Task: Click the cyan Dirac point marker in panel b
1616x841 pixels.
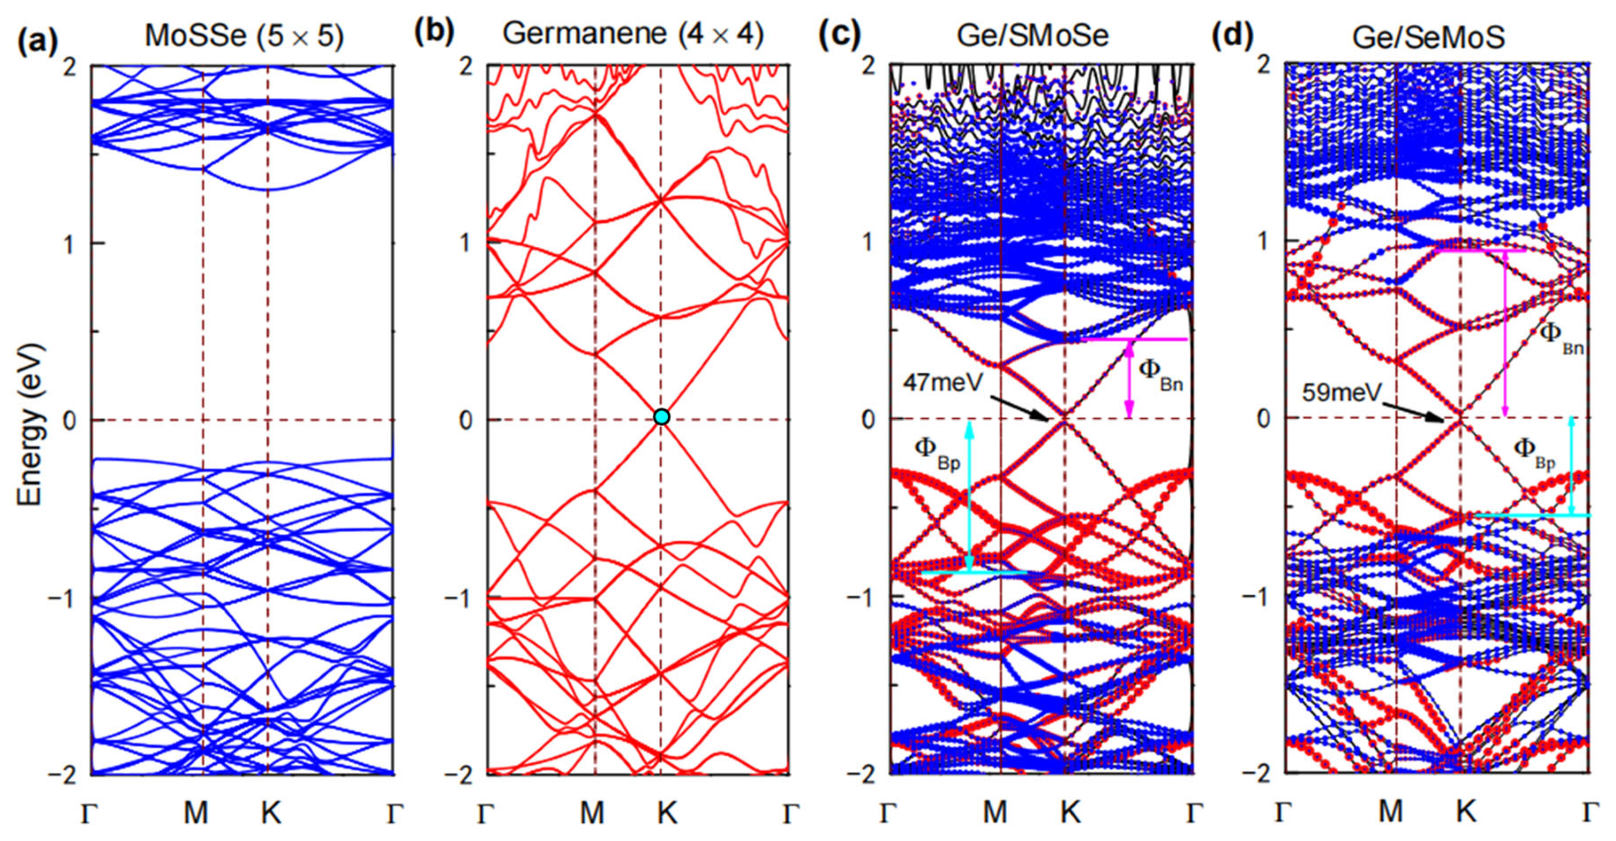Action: (x=661, y=417)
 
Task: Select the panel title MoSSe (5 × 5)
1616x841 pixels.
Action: (x=244, y=36)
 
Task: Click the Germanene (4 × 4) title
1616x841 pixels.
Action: (x=633, y=34)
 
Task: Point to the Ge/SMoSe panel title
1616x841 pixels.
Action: (x=1033, y=36)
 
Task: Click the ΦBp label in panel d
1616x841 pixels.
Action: (x=1534, y=453)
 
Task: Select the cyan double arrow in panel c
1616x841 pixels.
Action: (x=970, y=496)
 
